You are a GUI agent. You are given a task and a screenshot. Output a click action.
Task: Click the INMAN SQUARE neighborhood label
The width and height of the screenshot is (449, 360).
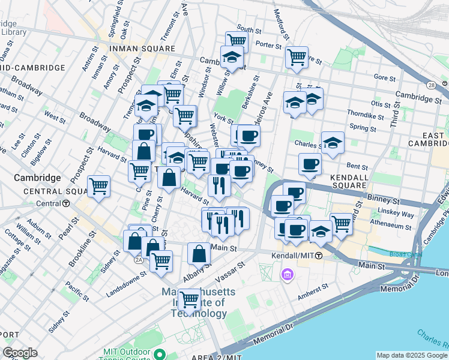click(142, 48)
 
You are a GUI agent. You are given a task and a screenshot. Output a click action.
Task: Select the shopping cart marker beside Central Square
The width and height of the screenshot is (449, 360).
click(98, 187)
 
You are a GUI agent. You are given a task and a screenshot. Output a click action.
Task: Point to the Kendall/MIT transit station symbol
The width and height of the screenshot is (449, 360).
click(319, 256)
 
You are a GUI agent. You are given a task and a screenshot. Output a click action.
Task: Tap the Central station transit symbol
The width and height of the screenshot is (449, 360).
click(66, 203)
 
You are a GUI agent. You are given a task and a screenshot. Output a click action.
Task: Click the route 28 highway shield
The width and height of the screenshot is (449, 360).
click(431, 86)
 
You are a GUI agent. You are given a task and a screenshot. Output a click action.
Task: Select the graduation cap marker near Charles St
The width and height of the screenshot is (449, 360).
click(333, 143)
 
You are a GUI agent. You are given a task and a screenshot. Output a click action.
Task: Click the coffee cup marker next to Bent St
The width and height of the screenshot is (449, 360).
click(310, 164)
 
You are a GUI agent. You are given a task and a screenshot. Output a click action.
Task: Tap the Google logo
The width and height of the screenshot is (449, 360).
click(20, 353)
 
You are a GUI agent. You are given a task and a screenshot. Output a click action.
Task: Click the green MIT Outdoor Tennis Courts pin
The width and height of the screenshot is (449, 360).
click(159, 353)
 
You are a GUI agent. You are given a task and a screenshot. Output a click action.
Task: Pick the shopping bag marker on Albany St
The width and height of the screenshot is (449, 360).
click(199, 254)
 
